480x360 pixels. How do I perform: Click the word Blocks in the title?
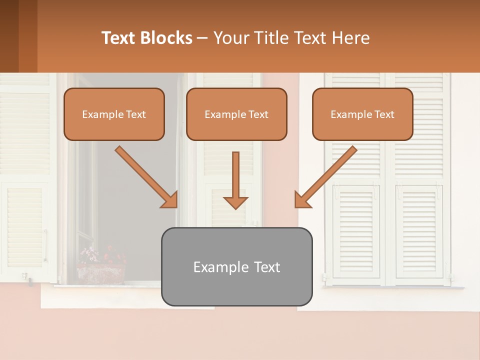click(x=166, y=38)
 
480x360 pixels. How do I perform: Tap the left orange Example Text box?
click(x=114, y=114)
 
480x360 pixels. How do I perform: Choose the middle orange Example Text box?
click(x=236, y=114)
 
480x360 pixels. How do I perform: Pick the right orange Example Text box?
click(x=362, y=114)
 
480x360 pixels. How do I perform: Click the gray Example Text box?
click(x=236, y=266)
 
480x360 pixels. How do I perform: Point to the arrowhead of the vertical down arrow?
click(x=235, y=202)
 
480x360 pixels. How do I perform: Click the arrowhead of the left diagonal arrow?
click(x=170, y=200)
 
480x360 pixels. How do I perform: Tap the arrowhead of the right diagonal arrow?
click(x=301, y=200)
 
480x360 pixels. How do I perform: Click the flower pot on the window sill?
click(x=101, y=274)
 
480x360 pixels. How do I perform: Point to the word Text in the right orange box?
click(x=384, y=114)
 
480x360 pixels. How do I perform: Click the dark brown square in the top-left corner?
click(x=9, y=36)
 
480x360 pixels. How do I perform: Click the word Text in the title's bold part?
click(x=118, y=38)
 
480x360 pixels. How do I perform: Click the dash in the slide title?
click(x=202, y=38)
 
